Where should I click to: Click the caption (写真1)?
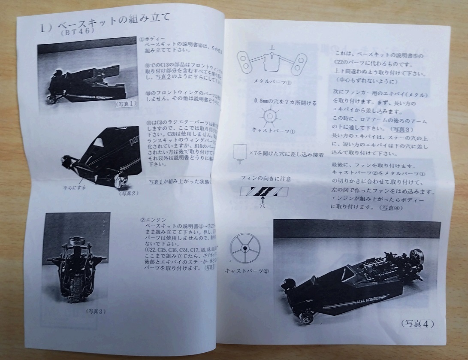click(x=127, y=103)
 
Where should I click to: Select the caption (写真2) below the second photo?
click(x=129, y=193)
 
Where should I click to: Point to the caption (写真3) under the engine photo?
click(x=95, y=311)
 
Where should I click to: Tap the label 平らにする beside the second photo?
click(x=75, y=187)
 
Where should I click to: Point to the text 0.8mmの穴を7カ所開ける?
click(x=279, y=103)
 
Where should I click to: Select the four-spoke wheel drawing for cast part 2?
click(x=245, y=248)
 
